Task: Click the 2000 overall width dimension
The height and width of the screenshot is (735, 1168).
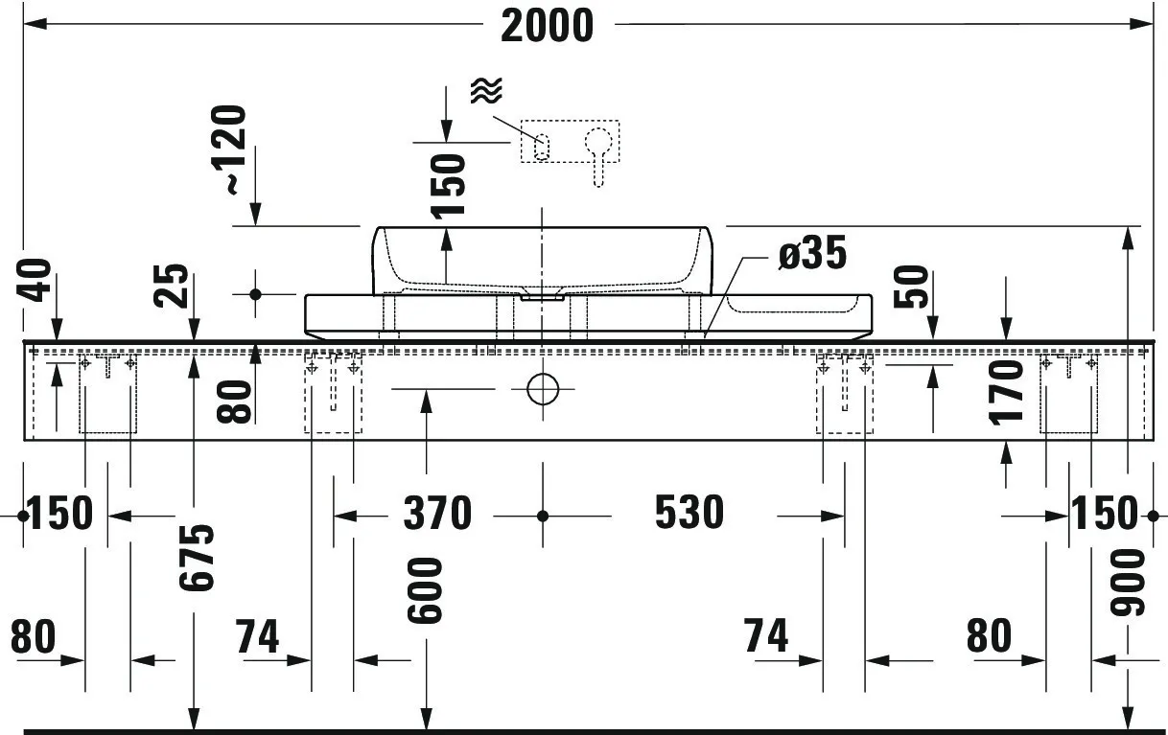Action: (x=547, y=26)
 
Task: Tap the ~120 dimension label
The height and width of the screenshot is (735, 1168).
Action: (x=234, y=150)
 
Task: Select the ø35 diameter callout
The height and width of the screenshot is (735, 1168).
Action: (x=812, y=255)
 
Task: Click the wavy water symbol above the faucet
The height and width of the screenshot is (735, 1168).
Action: (x=486, y=91)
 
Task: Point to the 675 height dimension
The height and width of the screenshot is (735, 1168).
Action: (x=199, y=558)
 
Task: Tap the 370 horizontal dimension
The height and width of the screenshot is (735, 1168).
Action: (x=437, y=515)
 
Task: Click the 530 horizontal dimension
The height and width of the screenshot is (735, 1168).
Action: (x=689, y=515)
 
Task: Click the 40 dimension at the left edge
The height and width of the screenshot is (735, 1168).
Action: (x=36, y=279)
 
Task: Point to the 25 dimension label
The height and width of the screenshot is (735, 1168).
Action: (x=173, y=285)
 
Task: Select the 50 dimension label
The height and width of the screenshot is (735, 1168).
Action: (x=912, y=286)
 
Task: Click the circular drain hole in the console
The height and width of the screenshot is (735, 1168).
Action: (x=542, y=389)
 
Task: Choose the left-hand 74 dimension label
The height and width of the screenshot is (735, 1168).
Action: (x=256, y=636)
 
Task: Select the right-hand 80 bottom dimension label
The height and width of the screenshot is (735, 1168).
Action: (x=989, y=636)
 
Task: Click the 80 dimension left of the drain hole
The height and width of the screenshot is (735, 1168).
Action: (x=239, y=402)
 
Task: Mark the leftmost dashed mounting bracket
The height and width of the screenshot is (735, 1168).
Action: (x=107, y=393)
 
